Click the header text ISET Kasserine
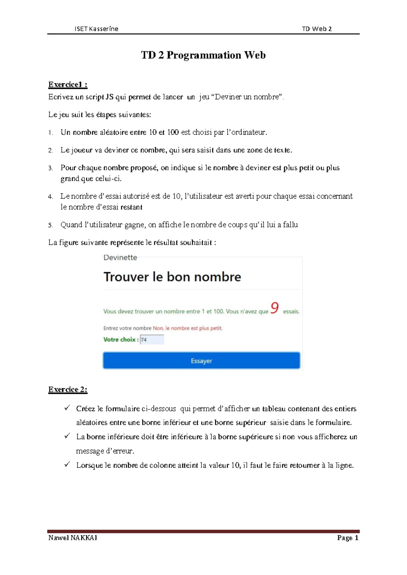tap(96, 29)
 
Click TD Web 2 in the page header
tap(316, 29)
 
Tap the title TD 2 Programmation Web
tap(203, 55)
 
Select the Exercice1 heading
tap(68, 84)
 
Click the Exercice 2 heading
tap(68, 390)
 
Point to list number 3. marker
tap(51, 168)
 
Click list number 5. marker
tap(51, 225)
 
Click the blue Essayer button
tap(201, 360)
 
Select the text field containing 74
tap(152, 339)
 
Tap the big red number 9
tap(275, 308)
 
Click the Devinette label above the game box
tap(120, 258)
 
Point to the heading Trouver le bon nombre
tap(172, 277)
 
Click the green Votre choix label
tap(121, 339)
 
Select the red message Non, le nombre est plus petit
tap(188, 328)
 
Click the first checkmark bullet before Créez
tap(67, 408)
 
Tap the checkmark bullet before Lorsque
tap(67, 464)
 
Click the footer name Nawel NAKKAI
tap(73, 538)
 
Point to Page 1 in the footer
tap(348, 538)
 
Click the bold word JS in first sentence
tap(110, 97)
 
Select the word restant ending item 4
tap(132, 207)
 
